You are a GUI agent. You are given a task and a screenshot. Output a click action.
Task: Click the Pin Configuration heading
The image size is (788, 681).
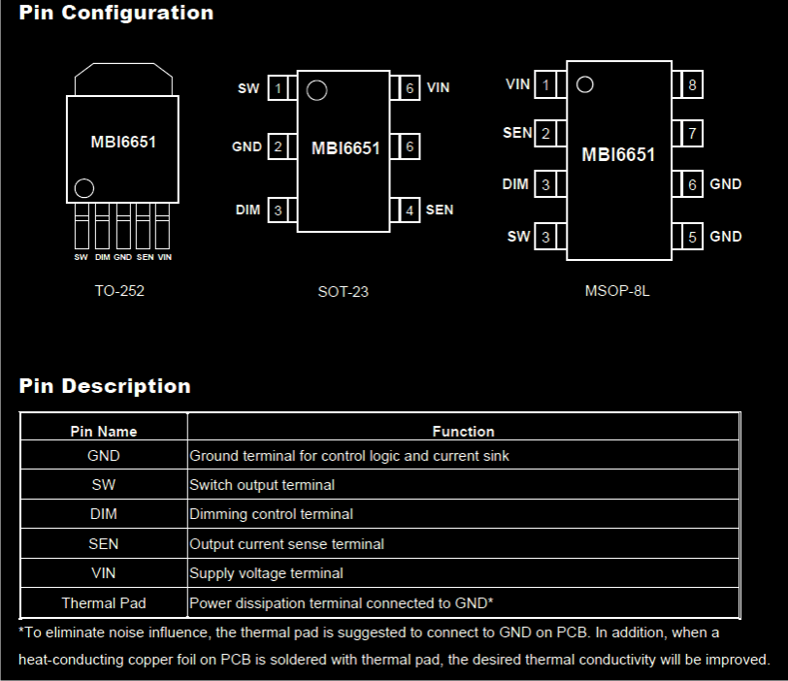point(116,14)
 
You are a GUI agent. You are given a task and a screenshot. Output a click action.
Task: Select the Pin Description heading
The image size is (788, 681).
point(105,386)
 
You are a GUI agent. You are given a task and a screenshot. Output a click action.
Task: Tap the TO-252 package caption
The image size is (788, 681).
point(119,290)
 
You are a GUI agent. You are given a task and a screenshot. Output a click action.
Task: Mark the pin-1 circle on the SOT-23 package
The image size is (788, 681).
point(316,91)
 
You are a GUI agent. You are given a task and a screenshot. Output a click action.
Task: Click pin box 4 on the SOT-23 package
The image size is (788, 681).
point(410,211)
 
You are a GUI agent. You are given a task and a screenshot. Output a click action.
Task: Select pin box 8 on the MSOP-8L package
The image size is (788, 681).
point(692,85)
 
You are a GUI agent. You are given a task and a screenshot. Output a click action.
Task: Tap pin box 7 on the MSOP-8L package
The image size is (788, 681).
point(692,134)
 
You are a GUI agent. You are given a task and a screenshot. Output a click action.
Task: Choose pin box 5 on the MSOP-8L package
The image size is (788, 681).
point(692,237)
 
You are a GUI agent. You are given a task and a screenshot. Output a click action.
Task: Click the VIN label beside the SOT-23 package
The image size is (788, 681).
point(439,88)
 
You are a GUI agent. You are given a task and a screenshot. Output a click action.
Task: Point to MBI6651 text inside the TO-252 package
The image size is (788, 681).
point(123,142)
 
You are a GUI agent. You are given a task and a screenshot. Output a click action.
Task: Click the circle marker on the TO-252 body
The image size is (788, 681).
point(84,187)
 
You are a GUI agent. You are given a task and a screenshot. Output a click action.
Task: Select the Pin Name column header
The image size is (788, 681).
point(104,431)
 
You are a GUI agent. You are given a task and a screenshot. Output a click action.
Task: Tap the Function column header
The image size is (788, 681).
point(463,431)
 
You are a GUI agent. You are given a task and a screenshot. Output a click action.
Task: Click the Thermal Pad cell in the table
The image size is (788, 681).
point(104,603)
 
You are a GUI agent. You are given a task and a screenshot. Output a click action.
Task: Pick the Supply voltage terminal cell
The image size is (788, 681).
point(266,573)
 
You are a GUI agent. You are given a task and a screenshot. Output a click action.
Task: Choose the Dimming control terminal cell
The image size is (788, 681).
point(271,514)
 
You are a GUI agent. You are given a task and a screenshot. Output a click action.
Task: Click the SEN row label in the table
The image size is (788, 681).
point(104,544)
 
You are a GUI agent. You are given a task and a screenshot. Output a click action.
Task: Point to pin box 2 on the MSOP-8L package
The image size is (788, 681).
point(545,134)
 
